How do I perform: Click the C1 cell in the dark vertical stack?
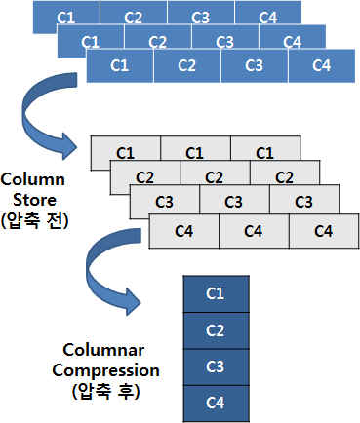tap(217, 294)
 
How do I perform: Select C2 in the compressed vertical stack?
tap(217, 330)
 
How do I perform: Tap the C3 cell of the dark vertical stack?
tap(217, 367)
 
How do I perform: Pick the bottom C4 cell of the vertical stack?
tap(217, 404)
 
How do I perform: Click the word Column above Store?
tap(33, 179)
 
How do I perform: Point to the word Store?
tap(34, 200)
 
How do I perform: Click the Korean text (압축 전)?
tap(35, 221)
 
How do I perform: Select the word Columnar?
tap(103, 350)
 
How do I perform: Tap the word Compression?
tap(106, 370)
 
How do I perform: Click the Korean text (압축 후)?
tap(105, 391)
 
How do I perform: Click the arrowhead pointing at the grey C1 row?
tap(68, 146)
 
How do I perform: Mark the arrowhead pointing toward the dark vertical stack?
tap(133, 301)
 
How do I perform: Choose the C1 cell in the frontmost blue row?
tap(120, 66)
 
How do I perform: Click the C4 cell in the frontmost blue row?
tap(322, 66)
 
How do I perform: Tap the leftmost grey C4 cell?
tap(184, 231)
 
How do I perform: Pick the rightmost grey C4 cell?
tap(324, 231)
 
